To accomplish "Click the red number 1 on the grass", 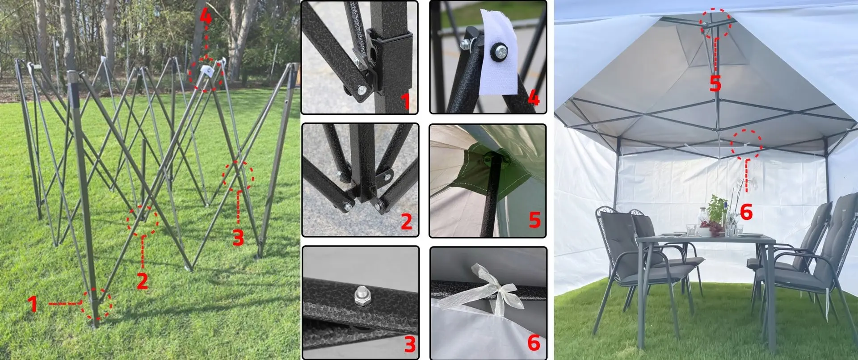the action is tap(33, 304).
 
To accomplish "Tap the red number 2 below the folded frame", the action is tap(143, 280).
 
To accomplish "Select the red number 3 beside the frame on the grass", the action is tap(238, 237).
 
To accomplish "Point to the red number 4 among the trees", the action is tap(205, 17).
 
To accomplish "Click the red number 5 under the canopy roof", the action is tap(715, 83).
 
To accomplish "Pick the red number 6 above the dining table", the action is tap(746, 212).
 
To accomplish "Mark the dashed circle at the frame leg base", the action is tap(97, 304).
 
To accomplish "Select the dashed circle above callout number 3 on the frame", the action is tap(238, 176).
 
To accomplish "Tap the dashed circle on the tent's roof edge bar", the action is tap(747, 144).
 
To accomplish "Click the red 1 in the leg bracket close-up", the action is tap(406, 101).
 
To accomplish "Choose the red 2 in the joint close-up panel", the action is tap(406, 222).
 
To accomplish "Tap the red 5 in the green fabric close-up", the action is tap(534, 220).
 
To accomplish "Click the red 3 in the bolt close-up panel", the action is tap(409, 344).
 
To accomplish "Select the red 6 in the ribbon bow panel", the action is tap(534, 343).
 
